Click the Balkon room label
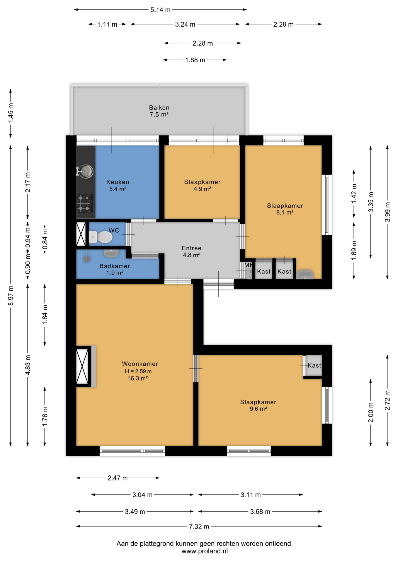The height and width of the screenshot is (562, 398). click(159, 108)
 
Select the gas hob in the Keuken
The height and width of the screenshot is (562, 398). click(84, 203)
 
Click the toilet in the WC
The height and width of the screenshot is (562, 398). click(101, 237)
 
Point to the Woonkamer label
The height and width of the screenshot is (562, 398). click(140, 364)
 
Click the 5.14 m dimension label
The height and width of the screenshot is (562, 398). click(160, 10)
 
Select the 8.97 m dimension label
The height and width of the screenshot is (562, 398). click(11, 296)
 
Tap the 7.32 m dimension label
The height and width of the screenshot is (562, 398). click(199, 527)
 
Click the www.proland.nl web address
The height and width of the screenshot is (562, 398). click(205, 551)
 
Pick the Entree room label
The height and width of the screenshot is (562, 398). click(192, 248)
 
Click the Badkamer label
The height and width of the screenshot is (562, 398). click(115, 266)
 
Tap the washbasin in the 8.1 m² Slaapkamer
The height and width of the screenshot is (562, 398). click(305, 275)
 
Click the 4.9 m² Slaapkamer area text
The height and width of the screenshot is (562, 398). click(202, 189)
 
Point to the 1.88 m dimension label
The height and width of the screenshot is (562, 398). click(195, 60)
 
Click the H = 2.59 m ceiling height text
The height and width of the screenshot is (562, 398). click(138, 371)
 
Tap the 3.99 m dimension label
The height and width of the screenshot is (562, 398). click(387, 212)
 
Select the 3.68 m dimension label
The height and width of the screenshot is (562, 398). click(260, 512)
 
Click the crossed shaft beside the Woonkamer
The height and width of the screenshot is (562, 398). click(82, 366)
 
